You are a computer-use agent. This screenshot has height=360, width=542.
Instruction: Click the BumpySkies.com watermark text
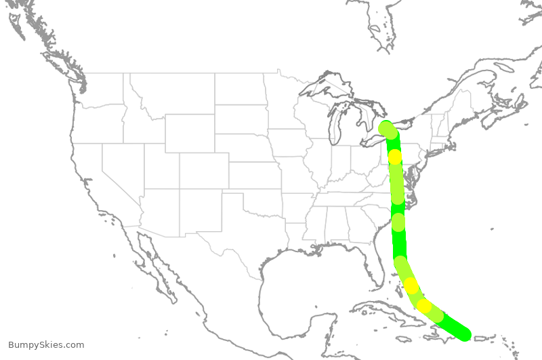(46, 345)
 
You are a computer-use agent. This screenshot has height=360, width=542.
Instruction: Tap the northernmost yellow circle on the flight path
(395, 157)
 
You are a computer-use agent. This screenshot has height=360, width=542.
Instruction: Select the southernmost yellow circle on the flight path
(424, 306)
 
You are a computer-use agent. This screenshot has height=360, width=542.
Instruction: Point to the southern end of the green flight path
(463, 334)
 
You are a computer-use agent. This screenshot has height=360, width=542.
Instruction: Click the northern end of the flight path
(386, 127)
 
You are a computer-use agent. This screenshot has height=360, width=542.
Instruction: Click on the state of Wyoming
(190, 133)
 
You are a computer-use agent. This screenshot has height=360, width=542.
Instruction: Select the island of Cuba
(386, 312)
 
